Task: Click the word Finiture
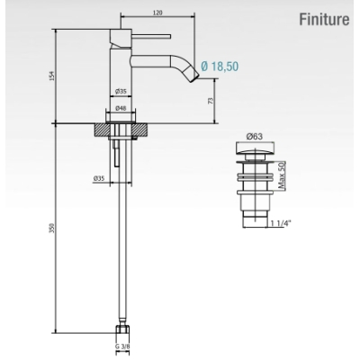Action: pyautogui.click(x=324, y=20)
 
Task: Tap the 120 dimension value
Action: pyautogui.click(x=157, y=13)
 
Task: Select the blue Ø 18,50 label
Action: pyautogui.click(x=220, y=66)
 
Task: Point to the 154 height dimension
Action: pyautogui.click(x=52, y=76)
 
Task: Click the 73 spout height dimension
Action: pyautogui.click(x=211, y=101)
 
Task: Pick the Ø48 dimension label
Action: pyautogui.click(x=121, y=108)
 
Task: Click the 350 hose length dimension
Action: pyautogui.click(x=52, y=228)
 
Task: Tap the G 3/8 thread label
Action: pyautogui.click(x=122, y=346)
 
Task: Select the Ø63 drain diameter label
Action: pyautogui.click(x=255, y=137)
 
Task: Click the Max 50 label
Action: pyautogui.click(x=281, y=175)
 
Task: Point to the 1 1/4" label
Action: pyautogui.click(x=281, y=223)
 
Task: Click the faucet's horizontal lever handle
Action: pyautogui.click(x=151, y=36)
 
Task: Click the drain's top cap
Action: pyautogui.click(x=255, y=148)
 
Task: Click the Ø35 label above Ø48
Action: pyautogui.click(x=121, y=91)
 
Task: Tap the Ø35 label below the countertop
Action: pyautogui.click(x=99, y=178)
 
